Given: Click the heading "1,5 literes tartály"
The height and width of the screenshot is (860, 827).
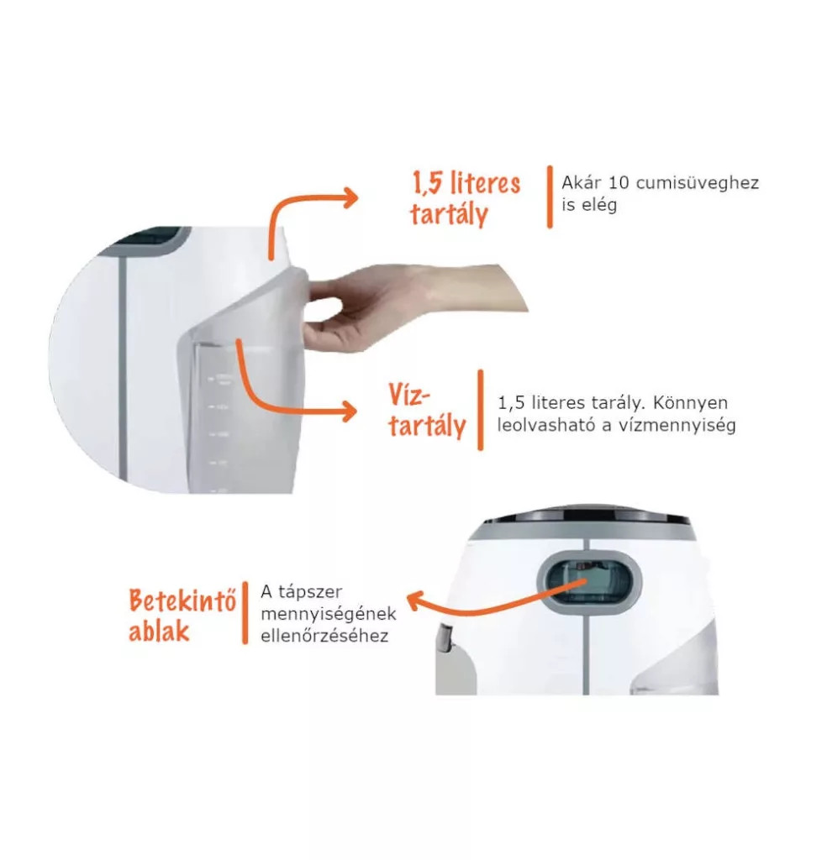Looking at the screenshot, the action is click(466, 198).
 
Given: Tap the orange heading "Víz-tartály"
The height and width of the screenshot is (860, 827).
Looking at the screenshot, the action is click(427, 411).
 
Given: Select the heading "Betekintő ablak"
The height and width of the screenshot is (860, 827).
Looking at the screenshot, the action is click(182, 616).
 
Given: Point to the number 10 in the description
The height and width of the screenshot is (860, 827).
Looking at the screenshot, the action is click(619, 182).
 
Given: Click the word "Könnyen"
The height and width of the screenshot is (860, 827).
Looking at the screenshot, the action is click(690, 403).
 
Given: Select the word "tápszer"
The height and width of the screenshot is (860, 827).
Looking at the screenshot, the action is click(310, 592).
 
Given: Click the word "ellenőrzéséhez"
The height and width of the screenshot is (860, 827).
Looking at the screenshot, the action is click(324, 637).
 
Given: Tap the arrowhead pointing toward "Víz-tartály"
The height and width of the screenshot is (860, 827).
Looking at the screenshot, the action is click(349, 412).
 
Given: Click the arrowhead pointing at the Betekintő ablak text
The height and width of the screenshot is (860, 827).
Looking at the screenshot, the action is click(415, 601).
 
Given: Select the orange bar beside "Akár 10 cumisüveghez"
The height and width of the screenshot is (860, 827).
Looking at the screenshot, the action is click(550, 197).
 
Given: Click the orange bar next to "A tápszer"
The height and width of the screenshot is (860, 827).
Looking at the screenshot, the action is click(245, 613).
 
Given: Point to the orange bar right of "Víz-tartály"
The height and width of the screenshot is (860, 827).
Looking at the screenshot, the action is click(481, 410).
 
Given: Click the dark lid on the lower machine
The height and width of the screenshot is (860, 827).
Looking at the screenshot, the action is click(585, 513).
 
